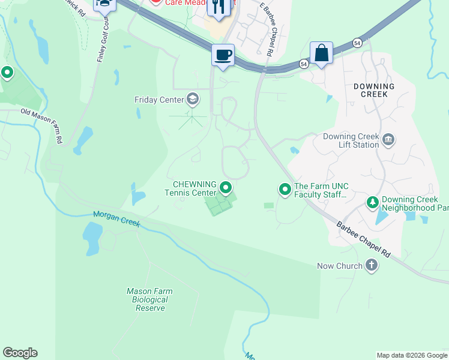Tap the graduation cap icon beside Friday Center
click(193, 98)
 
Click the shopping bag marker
click(321, 53)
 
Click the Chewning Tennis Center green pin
click(226, 188)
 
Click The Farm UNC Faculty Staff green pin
click(285, 190)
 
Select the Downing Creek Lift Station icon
click(388, 140)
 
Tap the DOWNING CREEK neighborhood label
click(374, 91)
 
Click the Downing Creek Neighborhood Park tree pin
click(373, 203)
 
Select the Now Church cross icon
click(372, 265)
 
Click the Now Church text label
click(340, 266)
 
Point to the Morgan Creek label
click(116, 219)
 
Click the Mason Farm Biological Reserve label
click(149, 299)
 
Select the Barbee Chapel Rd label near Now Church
click(363, 241)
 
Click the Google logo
click(20, 353)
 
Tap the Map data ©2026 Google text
click(411, 355)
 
